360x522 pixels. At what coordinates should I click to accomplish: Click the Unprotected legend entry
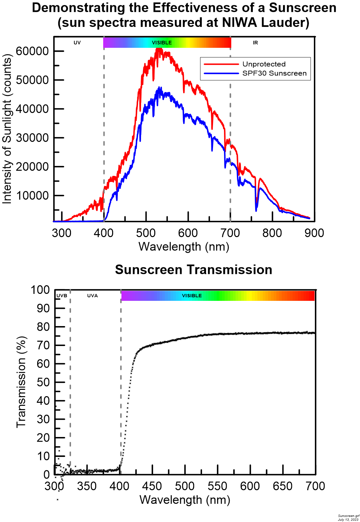tap(264, 64)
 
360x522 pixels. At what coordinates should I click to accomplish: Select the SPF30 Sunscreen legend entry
tap(274, 73)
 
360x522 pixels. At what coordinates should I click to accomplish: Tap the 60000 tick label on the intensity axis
tap(33, 51)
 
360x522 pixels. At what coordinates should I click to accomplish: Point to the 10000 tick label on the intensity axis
tap(33, 196)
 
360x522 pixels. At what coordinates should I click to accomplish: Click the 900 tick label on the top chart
tap(314, 233)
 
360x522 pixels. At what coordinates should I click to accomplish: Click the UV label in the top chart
tap(77, 43)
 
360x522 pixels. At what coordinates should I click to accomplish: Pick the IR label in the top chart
tap(255, 43)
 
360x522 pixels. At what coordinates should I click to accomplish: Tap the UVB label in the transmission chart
tap(62, 296)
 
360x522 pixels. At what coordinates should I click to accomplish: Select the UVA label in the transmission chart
tap(92, 296)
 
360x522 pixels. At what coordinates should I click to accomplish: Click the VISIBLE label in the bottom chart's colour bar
tap(191, 296)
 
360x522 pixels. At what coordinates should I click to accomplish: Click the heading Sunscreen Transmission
tap(193, 270)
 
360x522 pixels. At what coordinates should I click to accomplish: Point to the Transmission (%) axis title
tap(21, 382)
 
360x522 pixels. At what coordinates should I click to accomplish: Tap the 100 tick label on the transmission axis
tap(40, 290)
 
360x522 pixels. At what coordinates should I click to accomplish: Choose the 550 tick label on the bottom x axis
tap(217, 486)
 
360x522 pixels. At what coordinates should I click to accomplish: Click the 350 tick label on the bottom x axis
tap(87, 486)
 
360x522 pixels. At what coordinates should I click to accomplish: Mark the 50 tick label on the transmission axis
tap(43, 382)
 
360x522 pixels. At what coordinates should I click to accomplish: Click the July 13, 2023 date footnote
tap(348, 519)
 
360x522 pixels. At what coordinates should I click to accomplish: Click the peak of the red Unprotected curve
tap(159, 49)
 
